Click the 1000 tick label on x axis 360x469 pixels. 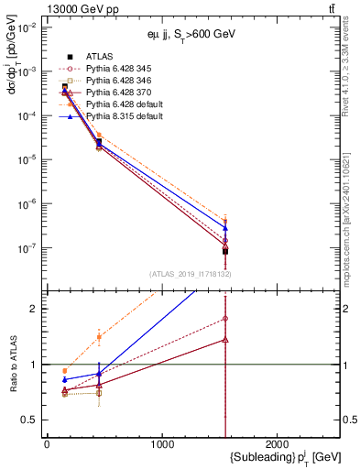click(x=162, y=444)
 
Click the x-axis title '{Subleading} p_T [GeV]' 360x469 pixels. click(x=275, y=457)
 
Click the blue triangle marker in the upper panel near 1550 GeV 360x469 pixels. click(x=225, y=228)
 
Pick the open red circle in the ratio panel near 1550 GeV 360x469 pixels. click(x=225, y=319)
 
